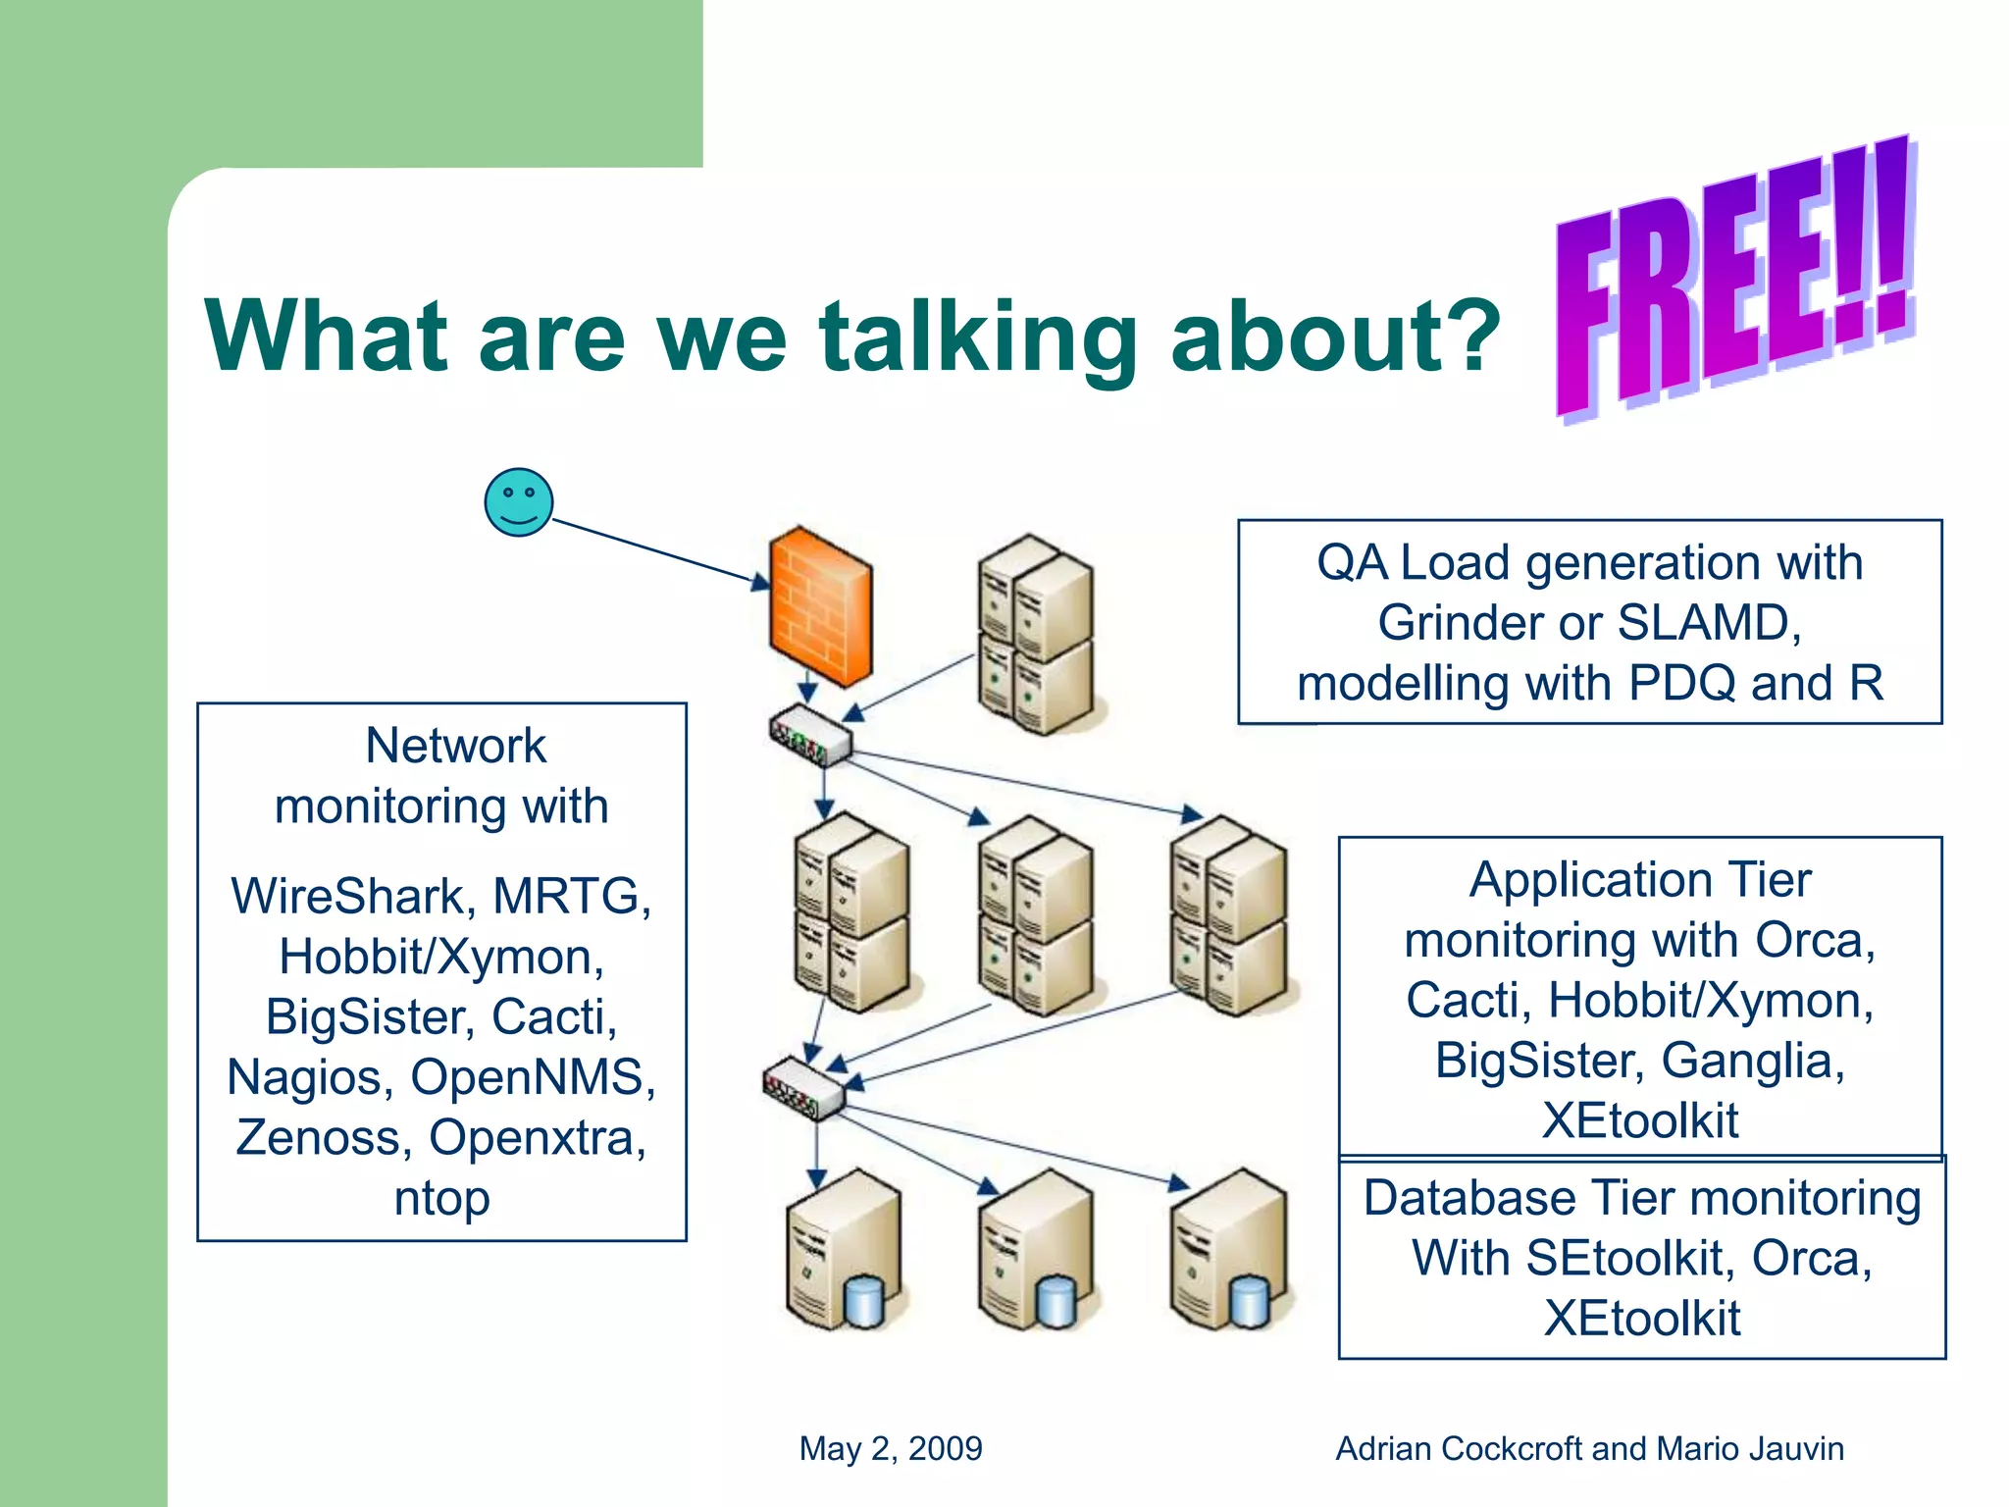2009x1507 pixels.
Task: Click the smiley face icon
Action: [519, 502]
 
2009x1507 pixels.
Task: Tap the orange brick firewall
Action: [820, 606]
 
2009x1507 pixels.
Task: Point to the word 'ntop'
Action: [441, 1199]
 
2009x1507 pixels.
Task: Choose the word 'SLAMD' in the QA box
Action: [1708, 623]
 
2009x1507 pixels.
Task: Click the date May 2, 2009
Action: [890, 1448]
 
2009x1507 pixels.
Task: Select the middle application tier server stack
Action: [1036, 914]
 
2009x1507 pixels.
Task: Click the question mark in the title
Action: [1467, 336]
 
